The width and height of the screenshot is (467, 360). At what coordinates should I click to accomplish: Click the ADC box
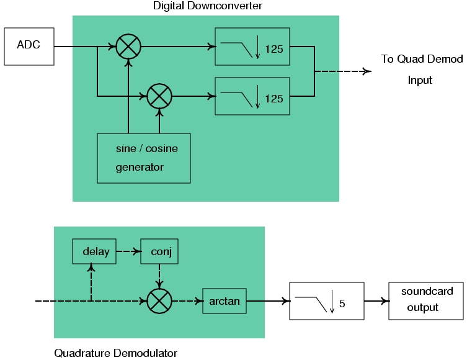click(29, 46)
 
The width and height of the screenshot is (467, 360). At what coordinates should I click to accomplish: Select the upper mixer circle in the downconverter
click(128, 46)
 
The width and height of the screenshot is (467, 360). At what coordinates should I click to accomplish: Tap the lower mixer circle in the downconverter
click(159, 96)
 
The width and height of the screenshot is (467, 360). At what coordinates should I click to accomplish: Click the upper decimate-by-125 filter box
click(252, 47)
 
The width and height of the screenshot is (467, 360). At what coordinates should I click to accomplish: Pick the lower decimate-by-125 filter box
click(252, 96)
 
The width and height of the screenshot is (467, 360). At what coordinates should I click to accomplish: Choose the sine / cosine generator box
click(144, 158)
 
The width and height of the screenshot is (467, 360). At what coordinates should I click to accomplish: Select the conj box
click(160, 251)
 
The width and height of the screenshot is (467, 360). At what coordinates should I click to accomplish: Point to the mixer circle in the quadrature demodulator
click(159, 301)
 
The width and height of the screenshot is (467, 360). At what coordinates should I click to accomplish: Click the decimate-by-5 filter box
click(327, 301)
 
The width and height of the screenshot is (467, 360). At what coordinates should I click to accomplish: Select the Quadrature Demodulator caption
click(115, 353)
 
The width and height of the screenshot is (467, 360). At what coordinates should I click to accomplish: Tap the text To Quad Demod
click(422, 59)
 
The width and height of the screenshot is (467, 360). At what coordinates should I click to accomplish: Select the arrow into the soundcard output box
click(376, 301)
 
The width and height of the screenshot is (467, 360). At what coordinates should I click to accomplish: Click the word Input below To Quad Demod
click(420, 80)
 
